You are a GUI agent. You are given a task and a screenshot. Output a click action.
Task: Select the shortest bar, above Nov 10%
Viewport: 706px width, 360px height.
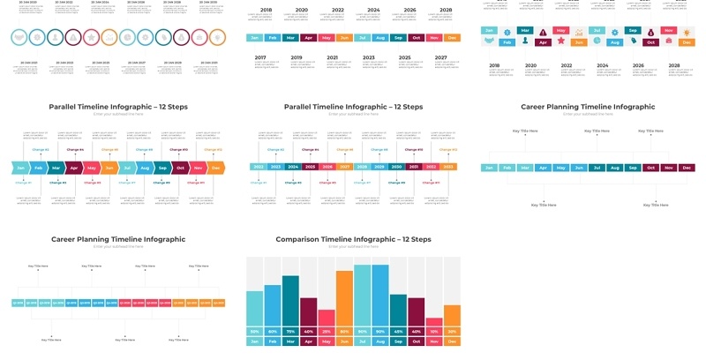(433, 322)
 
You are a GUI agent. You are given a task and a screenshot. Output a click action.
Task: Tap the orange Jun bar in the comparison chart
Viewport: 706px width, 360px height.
(344, 298)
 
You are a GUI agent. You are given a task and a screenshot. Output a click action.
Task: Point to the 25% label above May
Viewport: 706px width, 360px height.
(327, 332)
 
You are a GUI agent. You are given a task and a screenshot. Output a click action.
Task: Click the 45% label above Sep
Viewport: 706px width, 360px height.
(398, 332)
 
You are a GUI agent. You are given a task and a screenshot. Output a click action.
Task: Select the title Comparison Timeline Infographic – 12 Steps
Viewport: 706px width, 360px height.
(353, 239)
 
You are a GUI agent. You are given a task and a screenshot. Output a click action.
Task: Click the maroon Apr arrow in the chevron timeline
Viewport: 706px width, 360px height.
(74, 167)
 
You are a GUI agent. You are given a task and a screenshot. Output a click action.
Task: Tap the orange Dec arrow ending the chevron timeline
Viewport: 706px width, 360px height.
(216, 167)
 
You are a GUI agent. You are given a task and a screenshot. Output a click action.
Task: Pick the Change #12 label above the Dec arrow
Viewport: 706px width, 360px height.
(214, 150)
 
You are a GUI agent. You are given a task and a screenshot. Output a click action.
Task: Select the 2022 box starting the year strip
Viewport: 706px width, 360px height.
(258, 167)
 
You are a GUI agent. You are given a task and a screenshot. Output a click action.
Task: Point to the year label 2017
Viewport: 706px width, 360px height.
(260, 57)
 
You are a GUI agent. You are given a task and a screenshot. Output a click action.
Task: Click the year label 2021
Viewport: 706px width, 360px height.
(333, 57)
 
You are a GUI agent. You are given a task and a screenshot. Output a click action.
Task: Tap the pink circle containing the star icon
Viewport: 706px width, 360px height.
(91, 39)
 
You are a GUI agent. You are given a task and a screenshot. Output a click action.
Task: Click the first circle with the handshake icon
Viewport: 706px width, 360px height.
(18, 39)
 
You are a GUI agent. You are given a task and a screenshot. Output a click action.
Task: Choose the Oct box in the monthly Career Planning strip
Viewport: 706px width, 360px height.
(650, 168)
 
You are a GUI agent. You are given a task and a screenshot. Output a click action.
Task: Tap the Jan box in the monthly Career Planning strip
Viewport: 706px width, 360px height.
(490, 168)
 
